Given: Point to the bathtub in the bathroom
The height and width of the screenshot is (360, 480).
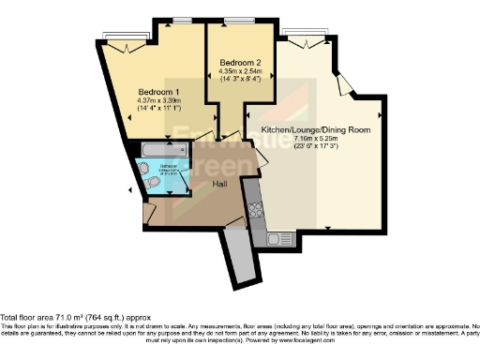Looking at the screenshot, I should (162, 149).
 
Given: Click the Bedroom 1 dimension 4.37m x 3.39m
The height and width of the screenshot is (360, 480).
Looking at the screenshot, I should (157, 101).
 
